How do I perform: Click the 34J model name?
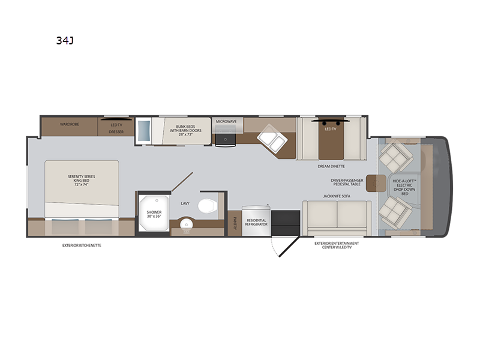(65, 40)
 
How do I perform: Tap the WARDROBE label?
(70, 124)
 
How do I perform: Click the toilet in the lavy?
(208, 206)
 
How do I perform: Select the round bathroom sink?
(186, 224)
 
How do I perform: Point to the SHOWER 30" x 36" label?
(154, 214)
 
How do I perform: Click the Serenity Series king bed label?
(82, 181)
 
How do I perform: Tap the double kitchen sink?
(272, 139)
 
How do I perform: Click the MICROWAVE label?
(226, 122)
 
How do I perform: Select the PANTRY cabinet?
(235, 223)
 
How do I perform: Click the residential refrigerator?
(256, 221)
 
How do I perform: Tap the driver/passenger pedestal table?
(376, 184)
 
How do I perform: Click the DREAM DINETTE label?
(331, 166)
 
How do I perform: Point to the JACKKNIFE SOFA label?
(337, 196)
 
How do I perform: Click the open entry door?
(289, 247)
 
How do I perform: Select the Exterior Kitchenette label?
(82, 245)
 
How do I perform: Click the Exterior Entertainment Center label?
(337, 245)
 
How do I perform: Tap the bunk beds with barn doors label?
(186, 130)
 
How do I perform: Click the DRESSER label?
(116, 132)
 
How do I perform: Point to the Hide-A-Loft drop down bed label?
(404, 187)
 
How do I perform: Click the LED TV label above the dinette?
(331, 129)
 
